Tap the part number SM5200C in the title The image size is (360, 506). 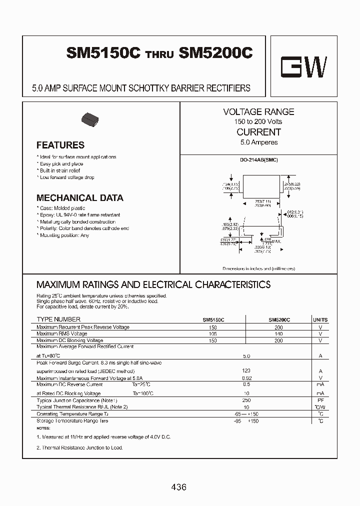click(x=215, y=53)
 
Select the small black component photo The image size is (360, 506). click(x=90, y=119)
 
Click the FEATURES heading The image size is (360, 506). click(x=60, y=145)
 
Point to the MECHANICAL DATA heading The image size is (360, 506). click(x=79, y=198)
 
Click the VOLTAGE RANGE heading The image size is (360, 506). click(x=258, y=112)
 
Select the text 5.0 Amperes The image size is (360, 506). click(x=258, y=142)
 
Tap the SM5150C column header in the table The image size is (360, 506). click(x=213, y=319)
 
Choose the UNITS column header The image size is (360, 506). click(x=320, y=319)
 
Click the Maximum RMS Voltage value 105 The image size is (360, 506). click(x=213, y=334)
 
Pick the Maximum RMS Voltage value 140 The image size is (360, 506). click(x=278, y=334)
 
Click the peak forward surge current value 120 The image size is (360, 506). click(x=245, y=371)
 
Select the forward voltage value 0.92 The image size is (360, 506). click(x=245, y=378)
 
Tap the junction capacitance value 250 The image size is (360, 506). click(x=245, y=401)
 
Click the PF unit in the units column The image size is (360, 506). click(x=320, y=401)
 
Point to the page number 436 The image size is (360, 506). click(x=178, y=487)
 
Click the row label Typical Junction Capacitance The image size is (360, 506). click(x=76, y=401)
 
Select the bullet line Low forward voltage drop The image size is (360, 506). click(x=67, y=177)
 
